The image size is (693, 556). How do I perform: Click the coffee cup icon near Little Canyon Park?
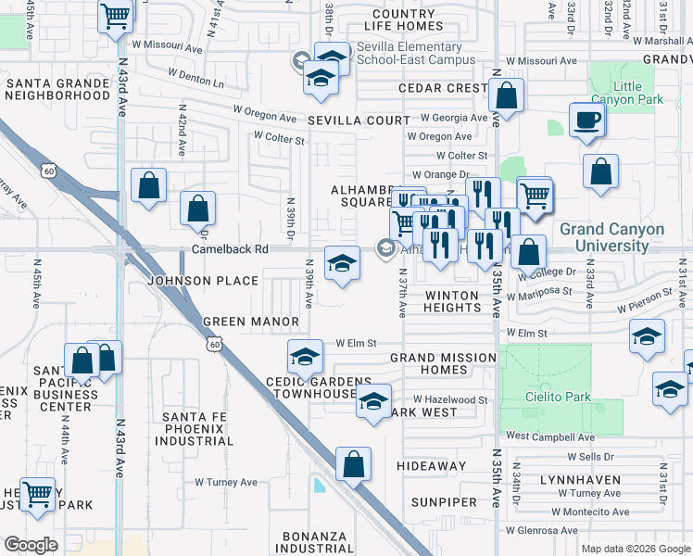click(587, 120)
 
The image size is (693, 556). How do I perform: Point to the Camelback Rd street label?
click(230, 249)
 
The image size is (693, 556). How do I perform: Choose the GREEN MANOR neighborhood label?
click(251, 322)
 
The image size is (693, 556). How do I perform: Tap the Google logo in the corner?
click(31, 544)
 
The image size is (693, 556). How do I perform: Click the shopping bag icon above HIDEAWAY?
click(353, 464)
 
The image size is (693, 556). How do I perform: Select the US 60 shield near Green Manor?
click(215, 344)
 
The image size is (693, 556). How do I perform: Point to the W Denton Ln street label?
click(197, 77)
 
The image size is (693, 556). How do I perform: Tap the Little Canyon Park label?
click(639, 93)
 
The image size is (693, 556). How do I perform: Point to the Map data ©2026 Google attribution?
click(635, 549)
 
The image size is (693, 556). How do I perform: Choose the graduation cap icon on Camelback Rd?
click(341, 262)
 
